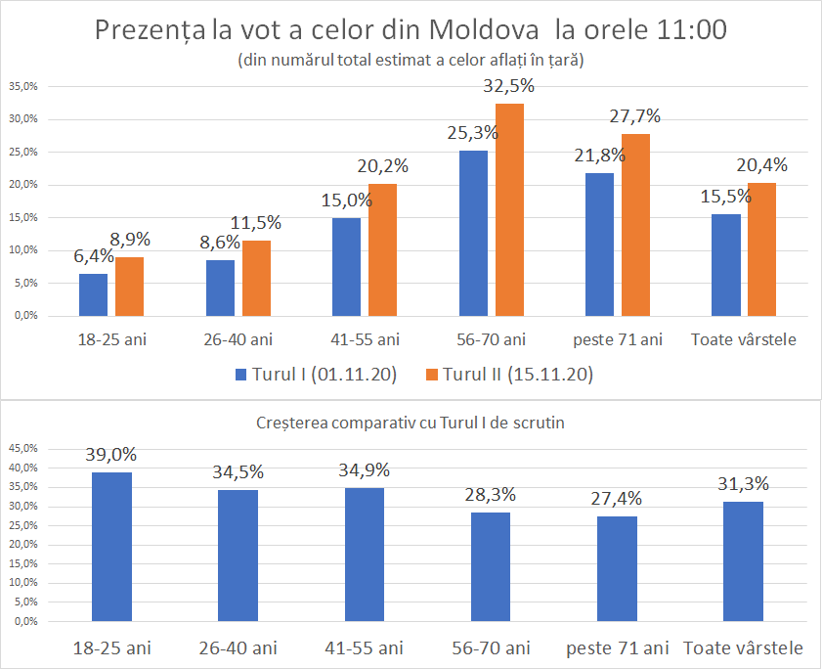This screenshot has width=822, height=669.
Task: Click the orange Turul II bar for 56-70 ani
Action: [509, 209]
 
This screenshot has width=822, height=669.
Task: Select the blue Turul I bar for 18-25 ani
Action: [93, 294]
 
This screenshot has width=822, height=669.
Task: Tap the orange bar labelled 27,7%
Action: [635, 224]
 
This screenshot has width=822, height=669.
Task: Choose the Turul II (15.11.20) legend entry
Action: [507, 375]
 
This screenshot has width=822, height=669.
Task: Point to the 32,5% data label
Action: [509, 87]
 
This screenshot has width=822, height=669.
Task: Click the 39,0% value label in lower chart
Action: [111, 455]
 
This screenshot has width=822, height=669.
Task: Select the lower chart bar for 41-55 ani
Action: [364, 555]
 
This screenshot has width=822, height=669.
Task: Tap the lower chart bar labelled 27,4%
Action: [617, 568]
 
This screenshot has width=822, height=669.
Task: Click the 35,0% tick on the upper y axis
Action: [23, 87]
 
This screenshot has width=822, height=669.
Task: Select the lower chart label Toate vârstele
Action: [744, 647]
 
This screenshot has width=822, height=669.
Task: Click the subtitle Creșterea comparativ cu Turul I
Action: [411, 424]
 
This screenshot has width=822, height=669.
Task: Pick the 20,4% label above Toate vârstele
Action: [762, 165]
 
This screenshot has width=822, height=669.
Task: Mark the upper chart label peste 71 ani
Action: [618, 340]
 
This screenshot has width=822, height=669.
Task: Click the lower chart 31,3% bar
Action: [743, 561]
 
